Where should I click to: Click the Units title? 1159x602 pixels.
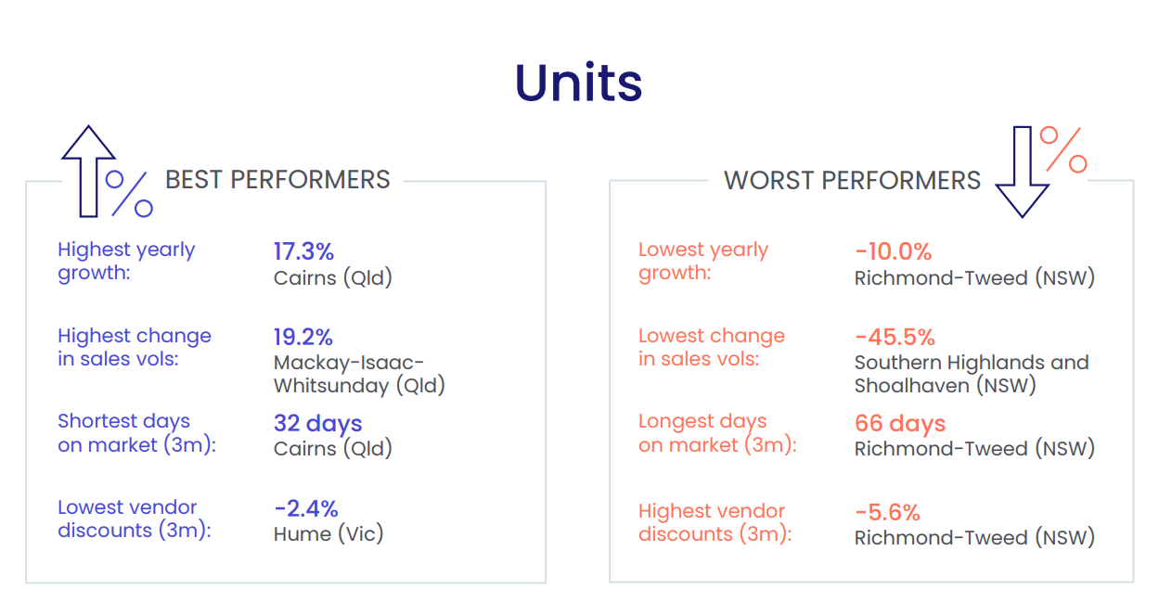click(578, 83)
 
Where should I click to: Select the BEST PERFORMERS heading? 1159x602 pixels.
click(277, 180)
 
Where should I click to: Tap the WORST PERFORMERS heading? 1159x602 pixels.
click(852, 181)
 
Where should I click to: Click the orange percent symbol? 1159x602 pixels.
click(1063, 149)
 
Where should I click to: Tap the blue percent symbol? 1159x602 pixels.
click(129, 194)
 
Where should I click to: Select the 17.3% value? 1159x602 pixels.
click(303, 251)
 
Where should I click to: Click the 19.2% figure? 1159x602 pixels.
click(303, 338)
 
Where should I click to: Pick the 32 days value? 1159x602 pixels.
click(317, 424)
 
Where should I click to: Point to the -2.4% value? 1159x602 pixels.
click(306, 509)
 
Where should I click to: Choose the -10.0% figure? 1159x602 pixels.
click(894, 252)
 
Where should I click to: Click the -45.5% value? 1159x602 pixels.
click(895, 338)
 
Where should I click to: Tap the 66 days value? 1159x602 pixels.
click(900, 424)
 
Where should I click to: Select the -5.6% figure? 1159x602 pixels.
click(888, 513)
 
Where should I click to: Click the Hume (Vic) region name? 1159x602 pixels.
click(328, 533)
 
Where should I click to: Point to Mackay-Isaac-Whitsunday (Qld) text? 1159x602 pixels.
click(360, 374)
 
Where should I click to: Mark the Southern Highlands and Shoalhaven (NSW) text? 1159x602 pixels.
click(972, 374)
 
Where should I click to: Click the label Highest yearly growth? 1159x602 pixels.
click(126, 262)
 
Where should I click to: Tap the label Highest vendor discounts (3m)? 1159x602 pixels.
click(715, 522)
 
